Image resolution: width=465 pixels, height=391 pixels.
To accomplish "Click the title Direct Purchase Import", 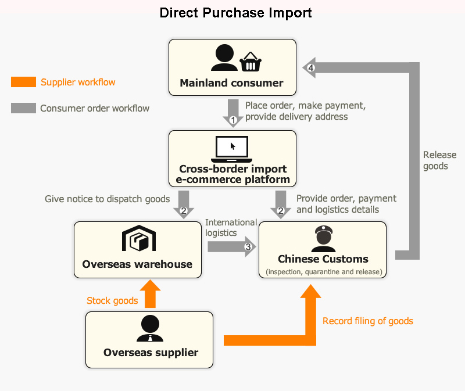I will [x=235, y=13].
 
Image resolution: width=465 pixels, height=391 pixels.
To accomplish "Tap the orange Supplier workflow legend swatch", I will [x=23, y=82].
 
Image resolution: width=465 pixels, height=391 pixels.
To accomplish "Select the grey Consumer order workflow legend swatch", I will [x=23, y=108].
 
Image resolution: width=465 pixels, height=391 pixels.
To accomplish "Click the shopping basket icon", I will [x=250, y=61].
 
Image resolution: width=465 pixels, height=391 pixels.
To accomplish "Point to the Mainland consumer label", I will [x=231, y=83].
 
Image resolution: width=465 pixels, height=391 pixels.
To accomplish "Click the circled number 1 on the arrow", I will [x=233, y=121].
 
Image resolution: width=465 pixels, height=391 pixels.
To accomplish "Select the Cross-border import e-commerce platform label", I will [x=233, y=174].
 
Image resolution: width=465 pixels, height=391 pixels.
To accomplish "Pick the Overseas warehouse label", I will [x=137, y=264].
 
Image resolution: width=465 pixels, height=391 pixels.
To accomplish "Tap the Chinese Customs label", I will [x=323, y=259].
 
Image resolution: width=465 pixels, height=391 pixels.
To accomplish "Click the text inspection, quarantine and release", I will [x=323, y=271].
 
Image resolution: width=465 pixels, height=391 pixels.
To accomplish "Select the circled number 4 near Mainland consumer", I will [x=312, y=68].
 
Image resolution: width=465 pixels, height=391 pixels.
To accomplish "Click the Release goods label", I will [x=435, y=160].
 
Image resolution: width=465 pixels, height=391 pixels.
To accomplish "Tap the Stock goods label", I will [x=112, y=300].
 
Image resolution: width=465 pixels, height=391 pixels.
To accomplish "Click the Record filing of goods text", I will [x=368, y=321].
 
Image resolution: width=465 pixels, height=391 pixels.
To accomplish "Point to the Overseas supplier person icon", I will [x=150, y=329].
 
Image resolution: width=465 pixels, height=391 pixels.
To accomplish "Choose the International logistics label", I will [x=231, y=228].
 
